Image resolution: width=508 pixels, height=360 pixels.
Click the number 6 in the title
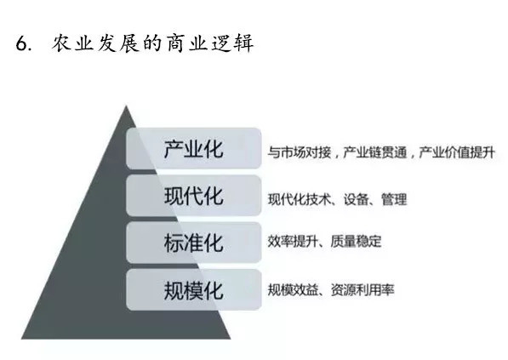[22, 43]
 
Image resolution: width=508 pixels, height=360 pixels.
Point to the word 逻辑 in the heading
[232, 43]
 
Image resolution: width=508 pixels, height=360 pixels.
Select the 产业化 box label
[193, 149]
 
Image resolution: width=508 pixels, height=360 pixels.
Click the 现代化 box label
[193, 196]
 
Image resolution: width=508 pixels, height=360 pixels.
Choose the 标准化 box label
[193, 243]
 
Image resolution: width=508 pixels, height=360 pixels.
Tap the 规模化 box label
[193, 290]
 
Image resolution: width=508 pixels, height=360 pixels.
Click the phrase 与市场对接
[299, 152]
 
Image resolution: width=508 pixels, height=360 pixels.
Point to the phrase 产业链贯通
[375, 152]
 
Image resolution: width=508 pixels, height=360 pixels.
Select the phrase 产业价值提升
[457, 152]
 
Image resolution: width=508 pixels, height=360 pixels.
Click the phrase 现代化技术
[299, 199]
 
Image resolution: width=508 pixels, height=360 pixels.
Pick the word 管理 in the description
[394, 199]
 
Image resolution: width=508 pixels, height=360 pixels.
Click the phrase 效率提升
[293, 242]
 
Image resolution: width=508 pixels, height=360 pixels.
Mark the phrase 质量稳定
[356, 242]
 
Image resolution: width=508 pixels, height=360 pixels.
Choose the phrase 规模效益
[293, 289]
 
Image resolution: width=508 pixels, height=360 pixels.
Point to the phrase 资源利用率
[362, 289]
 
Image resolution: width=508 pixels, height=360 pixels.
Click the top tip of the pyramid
[126, 106]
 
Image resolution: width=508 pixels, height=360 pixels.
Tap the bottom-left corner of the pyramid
[22, 339]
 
